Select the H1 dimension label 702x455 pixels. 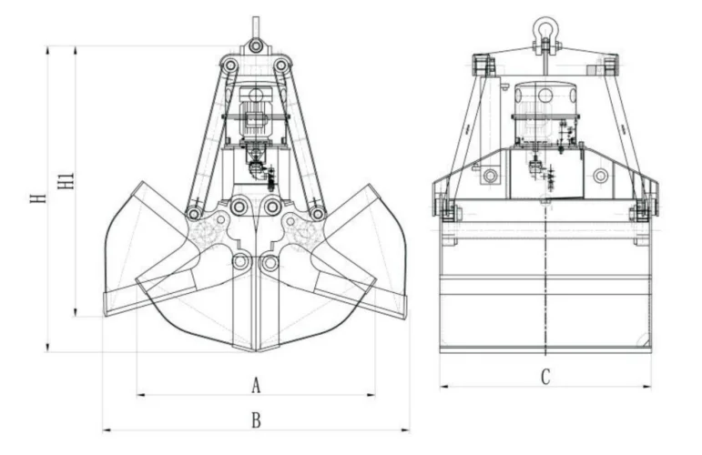tap(66, 178)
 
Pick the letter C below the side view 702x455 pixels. tap(545, 376)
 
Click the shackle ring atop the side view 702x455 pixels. tap(545, 29)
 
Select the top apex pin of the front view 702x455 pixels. tap(256, 45)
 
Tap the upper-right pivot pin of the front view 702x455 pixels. tap(282, 66)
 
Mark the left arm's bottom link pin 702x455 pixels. tap(194, 213)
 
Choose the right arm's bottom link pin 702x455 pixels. tap(317, 213)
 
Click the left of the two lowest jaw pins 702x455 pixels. tap(240, 262)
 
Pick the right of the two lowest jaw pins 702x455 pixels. tap(270, 262)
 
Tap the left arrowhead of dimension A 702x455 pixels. tap(139, 395)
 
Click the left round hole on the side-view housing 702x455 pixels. tap(491, 175)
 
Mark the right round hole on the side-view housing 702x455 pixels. tap(600, 175)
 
